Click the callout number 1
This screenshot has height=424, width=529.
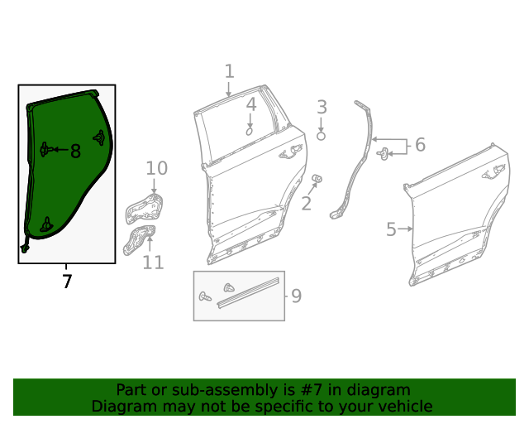tap(229, 72)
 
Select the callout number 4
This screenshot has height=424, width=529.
tap(250, 105)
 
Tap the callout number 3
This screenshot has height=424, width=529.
tap(322, 107)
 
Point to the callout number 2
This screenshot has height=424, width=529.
tap(307, 203)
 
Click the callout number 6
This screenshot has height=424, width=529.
tap(420, 146)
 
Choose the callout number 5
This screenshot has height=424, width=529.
tap(391, 229)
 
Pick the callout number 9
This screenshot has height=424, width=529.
tap(296, 296)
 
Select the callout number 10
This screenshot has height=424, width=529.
tap(156, 169)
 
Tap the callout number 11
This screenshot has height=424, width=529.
tap(153, 263)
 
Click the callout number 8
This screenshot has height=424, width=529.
tap(75, 151)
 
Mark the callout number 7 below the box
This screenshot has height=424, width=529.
tap(67, 282)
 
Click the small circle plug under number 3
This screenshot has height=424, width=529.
tap(322, 136)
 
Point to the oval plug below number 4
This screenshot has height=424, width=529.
tap(249, 131)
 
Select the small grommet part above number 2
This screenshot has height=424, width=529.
tap(317, 179)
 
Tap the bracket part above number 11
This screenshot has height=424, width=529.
tap(139, 238)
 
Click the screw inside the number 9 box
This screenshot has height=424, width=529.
tap(205, 296)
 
